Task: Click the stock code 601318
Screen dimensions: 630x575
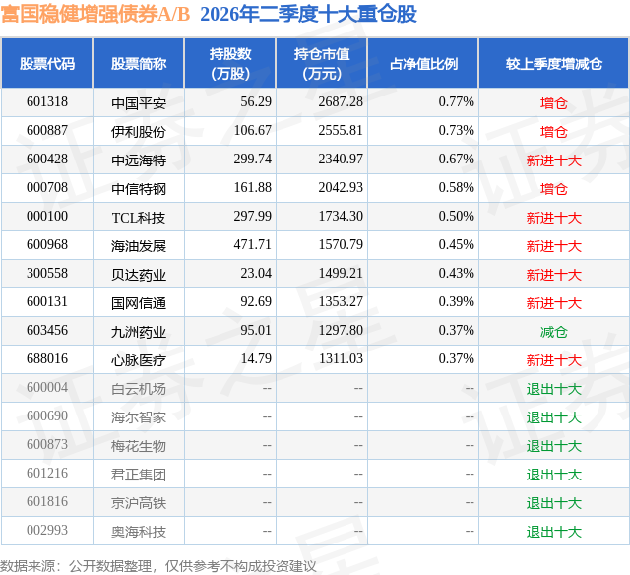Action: coord(47,102)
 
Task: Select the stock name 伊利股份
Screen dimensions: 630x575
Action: coord(139,132)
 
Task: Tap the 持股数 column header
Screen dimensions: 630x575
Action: coord(230,63)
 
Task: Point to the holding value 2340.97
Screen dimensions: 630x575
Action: coord(341,160)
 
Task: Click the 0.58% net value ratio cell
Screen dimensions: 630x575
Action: coord(457,188)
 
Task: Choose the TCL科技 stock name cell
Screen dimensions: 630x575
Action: coord(139,218)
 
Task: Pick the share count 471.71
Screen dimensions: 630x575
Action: coord(253,245)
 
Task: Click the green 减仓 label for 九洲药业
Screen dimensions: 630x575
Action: coord(553,332)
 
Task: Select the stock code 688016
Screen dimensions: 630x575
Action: coord(47,358)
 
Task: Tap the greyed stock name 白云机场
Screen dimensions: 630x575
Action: coord(139,389)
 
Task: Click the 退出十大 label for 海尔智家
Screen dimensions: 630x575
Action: coord(553,417)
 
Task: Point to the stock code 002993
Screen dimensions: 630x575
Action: coord(47,531)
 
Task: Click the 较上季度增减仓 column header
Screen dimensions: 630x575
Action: coord(553,63)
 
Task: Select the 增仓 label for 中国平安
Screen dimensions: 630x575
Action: coord(553,103)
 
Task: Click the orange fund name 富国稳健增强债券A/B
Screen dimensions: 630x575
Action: coord(94,14)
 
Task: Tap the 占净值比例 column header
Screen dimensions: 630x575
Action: coord(423,63)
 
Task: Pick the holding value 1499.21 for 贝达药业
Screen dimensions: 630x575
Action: coord(341,274)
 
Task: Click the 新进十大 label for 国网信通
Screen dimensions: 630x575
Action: coord(553,303)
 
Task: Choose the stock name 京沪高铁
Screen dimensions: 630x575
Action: coord(139,503)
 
